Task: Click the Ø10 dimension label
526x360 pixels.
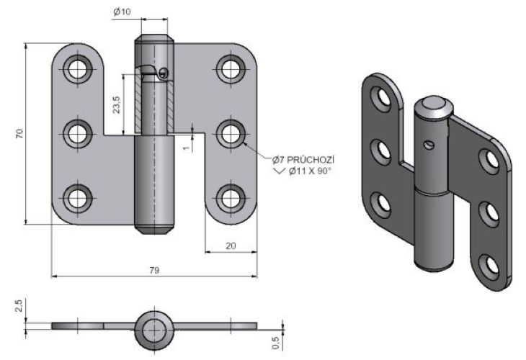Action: coord(121,12)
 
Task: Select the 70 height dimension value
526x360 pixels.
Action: coord(20,133)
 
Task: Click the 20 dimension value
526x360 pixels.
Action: coord(231,246)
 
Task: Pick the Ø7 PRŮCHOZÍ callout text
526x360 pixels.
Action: coord(304,158)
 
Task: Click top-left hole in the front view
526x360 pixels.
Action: coord(76,69)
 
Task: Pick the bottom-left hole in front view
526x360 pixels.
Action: coord(76,197)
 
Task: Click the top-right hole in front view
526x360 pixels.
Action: coord(231,69)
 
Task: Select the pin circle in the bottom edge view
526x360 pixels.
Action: coord(153,328)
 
